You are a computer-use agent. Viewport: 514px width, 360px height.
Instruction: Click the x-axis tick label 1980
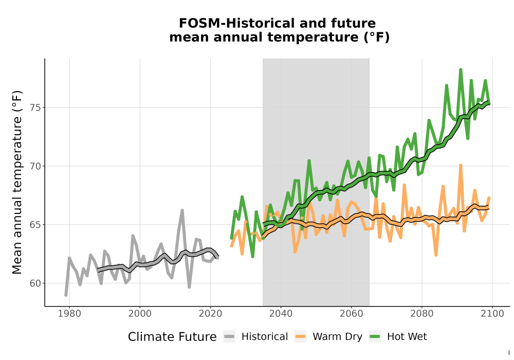tap(69, 313)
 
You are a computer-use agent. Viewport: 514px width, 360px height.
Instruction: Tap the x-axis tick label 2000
tap(140, 313)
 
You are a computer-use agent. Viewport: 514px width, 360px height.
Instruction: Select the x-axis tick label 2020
tap(210, 313)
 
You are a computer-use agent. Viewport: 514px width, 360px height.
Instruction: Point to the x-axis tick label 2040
tap(281, 313)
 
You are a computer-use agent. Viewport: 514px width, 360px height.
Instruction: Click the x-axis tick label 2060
tap(351, 313)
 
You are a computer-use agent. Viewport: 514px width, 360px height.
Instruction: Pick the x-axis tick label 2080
tap(421, 313)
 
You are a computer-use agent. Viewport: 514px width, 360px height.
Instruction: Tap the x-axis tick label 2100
tap(492, 313)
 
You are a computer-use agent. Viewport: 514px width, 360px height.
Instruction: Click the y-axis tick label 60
tap(35, 283)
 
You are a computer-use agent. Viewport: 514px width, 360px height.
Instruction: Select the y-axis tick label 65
tap(35, 225)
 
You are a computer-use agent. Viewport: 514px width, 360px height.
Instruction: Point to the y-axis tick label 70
tap(35, 166)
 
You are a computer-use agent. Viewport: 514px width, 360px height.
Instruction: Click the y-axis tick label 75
tap(35, 107)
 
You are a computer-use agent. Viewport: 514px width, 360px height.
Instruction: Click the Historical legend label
tap(265, 337)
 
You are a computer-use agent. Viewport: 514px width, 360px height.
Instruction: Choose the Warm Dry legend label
tap(337, 337)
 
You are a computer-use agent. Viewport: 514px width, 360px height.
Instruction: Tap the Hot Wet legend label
tap(407, 337)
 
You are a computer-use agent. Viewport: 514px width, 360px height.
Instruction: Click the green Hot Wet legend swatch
tap(375, 337)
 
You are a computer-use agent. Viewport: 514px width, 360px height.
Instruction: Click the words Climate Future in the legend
tap(172, 337)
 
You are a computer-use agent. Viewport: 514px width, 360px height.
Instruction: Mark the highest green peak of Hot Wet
tap(461, 69)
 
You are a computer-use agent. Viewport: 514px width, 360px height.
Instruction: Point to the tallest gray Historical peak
tap(182, 210)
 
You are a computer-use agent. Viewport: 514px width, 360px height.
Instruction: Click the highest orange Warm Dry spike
tap(461, 165)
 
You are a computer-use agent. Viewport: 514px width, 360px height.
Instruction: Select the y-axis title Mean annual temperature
tap(17, 182)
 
